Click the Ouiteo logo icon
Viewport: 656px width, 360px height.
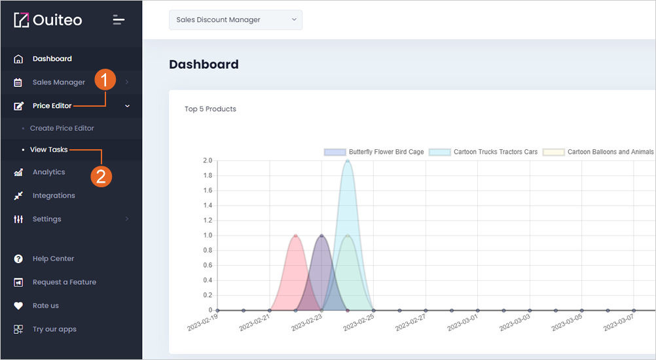(x=22, y=20)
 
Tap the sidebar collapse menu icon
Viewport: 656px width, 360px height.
(x=118, y=20)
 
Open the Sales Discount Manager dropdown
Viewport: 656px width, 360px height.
(x=236, y=20)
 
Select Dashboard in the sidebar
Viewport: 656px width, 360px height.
(x=52, y=58)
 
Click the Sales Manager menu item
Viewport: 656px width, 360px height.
(x=58, y=82)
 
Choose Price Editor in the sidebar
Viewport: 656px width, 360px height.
(x=52, y=106)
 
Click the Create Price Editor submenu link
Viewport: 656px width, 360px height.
(x=62, y=128)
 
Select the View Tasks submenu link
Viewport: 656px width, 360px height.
(x=48, y=150)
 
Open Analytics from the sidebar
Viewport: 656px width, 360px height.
(x=49, y=172)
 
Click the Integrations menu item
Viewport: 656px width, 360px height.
(x=54, y=195)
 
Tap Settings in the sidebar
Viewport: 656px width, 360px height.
(x=47, y=219)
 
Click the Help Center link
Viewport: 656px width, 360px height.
(x=53, y=259)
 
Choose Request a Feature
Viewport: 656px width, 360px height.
(x=64, y=282)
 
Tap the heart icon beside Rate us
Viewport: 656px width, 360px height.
(x=18, y=306)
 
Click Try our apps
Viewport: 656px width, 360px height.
(x=54, y=329)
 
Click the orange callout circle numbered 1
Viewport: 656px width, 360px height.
(x=105, y=79)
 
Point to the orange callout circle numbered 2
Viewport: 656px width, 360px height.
(x=101, y=177)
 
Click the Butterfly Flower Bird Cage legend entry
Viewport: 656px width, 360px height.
(x=374, y=152)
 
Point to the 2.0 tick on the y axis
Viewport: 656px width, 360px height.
(x=208, y=160)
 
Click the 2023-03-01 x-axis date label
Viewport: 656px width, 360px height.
(x=462, y=323)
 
